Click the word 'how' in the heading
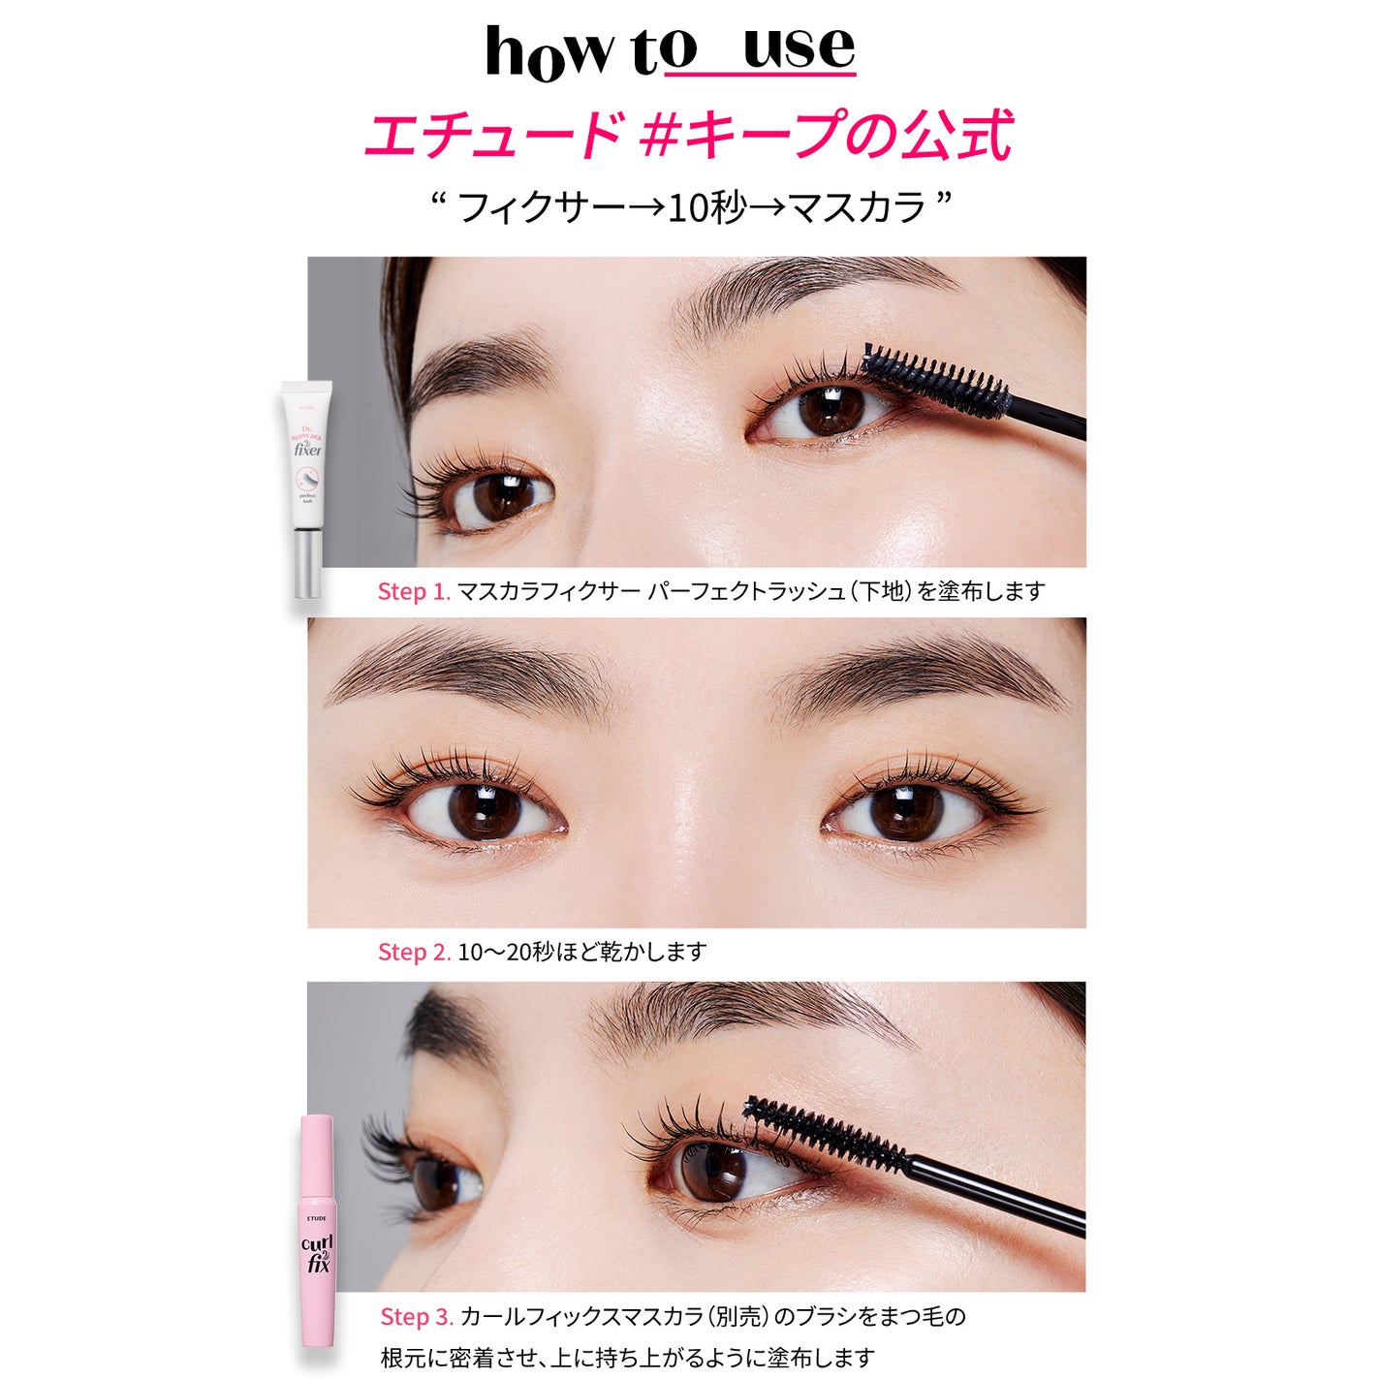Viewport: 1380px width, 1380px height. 549,53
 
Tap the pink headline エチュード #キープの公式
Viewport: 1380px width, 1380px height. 688,135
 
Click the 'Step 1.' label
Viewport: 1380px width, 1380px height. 414,591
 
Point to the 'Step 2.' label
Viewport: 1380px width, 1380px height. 414,952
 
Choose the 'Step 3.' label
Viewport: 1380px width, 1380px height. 416,1316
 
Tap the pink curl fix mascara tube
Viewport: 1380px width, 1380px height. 317,1231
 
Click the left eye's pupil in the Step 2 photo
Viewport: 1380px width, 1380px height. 485,811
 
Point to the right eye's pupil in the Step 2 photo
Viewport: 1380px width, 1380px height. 906,812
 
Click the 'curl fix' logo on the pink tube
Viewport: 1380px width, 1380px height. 317,1253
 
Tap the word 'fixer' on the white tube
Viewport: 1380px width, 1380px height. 307,450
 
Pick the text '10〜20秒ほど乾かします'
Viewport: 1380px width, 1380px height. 581,952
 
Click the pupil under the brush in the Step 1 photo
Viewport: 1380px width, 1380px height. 831,408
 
